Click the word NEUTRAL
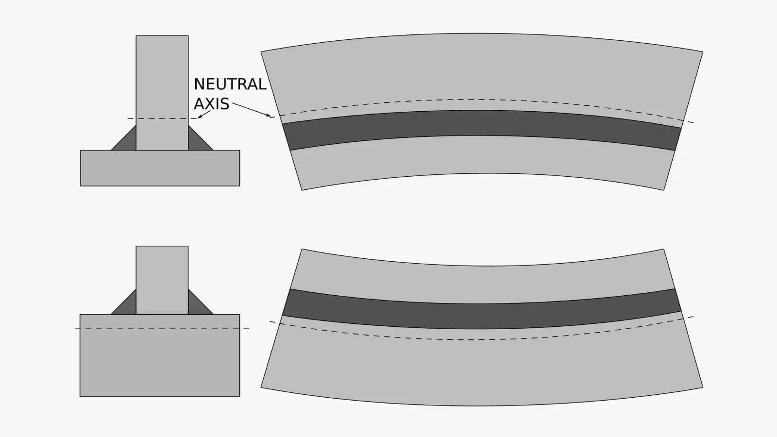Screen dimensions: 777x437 pos(230,84)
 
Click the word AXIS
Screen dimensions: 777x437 pos(212,104)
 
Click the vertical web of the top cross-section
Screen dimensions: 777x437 pos(162,93)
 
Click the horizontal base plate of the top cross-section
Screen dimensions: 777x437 pos(160,168)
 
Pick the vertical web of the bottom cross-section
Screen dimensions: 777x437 pos(162,280)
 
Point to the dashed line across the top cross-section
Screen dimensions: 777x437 pos(162,118)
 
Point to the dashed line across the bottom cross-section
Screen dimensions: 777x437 pos(162,328)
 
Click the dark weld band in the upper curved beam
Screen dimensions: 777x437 pos(482,123)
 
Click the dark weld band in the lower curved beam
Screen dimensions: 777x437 pos(482,316)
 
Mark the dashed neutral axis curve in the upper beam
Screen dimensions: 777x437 pos(482,100)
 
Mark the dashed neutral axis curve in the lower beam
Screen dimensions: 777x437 pos(482,339)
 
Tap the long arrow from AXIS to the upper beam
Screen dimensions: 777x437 pos(252,109)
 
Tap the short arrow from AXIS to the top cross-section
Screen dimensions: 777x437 pos(204,115)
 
